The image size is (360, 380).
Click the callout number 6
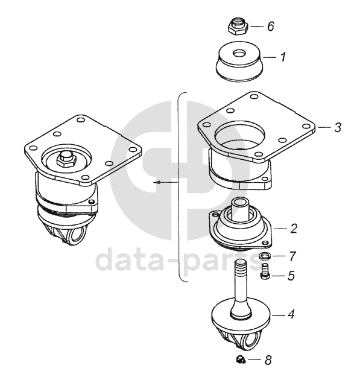pyautogui.click(x=271, y=26)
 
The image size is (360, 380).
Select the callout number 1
pyautogui.click(x=283, y=57)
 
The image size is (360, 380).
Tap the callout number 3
pyautogui.click(x=338, y=127)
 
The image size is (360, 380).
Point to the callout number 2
pyautogui.click(x=294, y=229)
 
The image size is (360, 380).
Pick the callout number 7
pyautogui.click(x=292, y=256)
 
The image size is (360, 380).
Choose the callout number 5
pyautogui.click(x=291, y=276)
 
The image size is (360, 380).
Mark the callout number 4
pyautogui.click(x=291, y=314)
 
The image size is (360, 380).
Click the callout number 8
pyautogui.click(x=268, y=360)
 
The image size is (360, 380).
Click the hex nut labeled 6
pyautogui.click(x=238, y=27)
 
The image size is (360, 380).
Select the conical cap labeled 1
pyautogui.click(x=239, y=61)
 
